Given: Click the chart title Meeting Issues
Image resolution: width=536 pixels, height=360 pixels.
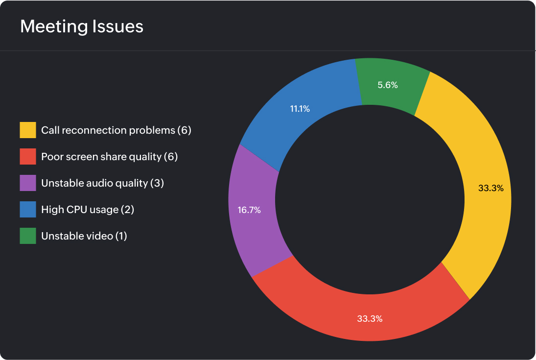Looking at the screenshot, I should pos(82,26).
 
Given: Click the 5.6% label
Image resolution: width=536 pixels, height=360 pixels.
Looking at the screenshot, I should pos(388,85).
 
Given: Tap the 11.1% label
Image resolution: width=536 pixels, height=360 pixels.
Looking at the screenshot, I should pos(300,109).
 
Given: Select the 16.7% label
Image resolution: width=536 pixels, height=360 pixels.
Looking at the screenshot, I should pos(249,210).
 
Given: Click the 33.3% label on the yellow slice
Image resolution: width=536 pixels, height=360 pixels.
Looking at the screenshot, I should pos(490,188).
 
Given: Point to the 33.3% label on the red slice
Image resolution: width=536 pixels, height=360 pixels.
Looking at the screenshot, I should pos(370,318).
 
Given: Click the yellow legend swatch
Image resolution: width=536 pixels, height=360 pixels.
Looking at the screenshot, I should pos(28,130).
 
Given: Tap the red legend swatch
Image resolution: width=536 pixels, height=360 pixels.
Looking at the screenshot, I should pos(28,157).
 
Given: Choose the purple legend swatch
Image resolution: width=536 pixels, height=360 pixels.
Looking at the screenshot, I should pos(28,183).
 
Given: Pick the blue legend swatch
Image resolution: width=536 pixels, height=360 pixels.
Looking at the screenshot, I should pos(28,210).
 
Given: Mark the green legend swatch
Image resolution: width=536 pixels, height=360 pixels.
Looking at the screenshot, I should pos(28,236).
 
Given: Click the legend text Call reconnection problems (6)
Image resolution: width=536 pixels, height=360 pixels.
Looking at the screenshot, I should pos(116,130).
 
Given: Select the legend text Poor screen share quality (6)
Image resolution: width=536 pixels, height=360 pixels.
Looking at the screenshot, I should pos(109,157).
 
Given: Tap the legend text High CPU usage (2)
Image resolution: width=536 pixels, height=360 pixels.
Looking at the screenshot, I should pos(88,210).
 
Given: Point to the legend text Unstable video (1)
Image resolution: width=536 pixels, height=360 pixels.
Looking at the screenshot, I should pos(84,236).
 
